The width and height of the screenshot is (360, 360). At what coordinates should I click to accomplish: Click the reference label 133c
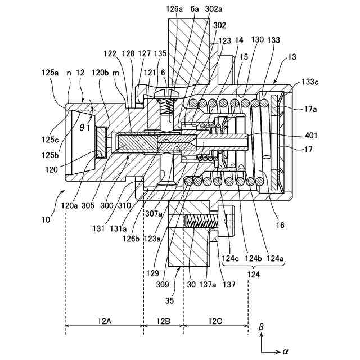coord(309,83)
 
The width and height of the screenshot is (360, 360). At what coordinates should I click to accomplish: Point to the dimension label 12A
coord(104,321)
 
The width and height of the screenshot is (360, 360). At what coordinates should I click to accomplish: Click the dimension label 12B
coord(163,321)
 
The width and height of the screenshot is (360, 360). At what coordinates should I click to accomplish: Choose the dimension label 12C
coord(215,321)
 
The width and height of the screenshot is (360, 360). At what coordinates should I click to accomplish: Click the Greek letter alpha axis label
coord(285,352)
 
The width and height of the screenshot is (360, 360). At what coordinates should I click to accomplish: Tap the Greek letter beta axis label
coord(261,327)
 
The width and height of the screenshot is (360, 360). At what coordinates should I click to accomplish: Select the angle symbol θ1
coord(85,128)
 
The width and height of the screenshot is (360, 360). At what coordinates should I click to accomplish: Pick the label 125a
coord(49,73)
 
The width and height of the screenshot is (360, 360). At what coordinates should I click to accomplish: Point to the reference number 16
coord(280,225)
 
